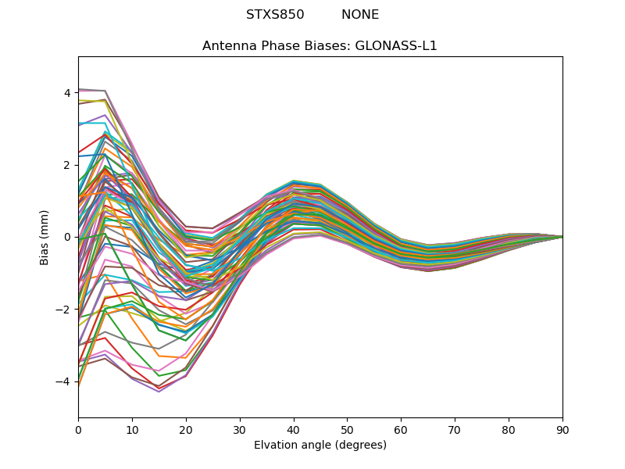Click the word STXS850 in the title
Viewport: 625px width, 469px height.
275,15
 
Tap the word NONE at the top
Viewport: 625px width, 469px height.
360,15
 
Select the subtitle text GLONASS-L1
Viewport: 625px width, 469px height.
396,45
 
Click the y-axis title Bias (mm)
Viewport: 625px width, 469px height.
45,237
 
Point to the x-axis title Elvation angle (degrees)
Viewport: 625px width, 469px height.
320,445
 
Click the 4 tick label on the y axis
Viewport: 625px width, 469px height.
67,93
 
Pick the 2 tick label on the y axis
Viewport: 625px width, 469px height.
67,165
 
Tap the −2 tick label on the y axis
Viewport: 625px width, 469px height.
64,310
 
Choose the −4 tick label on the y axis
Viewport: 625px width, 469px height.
64,381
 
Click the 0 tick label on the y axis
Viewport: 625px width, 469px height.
67,237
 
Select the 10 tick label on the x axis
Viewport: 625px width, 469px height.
132,429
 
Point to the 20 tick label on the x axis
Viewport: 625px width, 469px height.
186,429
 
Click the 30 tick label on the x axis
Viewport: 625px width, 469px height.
240,429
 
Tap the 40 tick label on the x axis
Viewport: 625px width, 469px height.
294,429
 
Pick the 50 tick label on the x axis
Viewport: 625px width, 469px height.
347,429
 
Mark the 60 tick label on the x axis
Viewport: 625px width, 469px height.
401,429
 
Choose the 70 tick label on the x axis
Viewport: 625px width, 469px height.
455,429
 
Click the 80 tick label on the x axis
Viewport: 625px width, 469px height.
509,429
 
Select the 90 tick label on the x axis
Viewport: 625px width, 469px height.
562,429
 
